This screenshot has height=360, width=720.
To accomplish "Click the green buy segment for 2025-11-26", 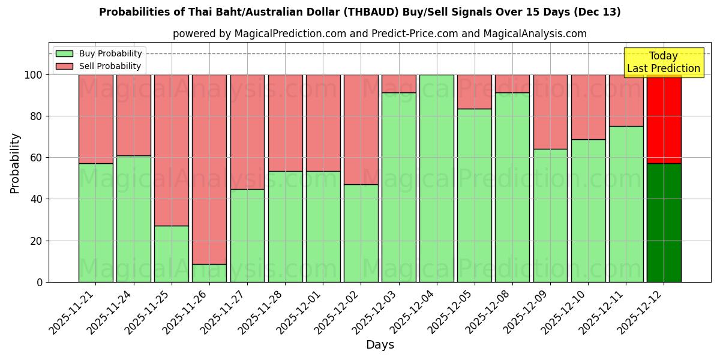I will point(209,273).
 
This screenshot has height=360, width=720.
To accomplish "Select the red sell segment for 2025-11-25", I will point(172,150).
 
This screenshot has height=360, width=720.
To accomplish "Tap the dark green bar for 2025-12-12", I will point(664,223).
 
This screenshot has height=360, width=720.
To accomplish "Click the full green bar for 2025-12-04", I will point(436,178).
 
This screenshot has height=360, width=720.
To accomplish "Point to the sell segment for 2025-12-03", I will point(398,83).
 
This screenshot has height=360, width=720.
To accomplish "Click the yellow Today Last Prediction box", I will point(663,62).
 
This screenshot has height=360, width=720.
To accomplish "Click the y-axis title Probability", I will point(15,163).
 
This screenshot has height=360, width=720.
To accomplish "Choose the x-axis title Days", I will point(380,345).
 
